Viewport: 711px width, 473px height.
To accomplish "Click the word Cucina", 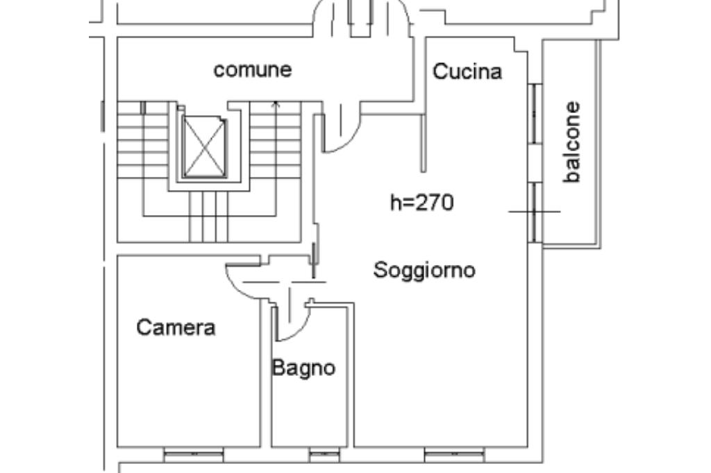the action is [x=467, y=71].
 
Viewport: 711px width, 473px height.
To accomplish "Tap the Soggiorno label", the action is [x=424, y=270].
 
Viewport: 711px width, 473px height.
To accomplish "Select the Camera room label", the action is [x=176, y=327].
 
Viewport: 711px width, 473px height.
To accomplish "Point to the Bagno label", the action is [x=303, y=368].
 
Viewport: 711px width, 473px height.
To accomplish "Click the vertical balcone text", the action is [x=572, y=141].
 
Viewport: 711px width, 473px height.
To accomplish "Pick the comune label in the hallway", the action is [x=253, y=70].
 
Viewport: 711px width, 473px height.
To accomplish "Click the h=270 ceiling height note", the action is [x=421, y=202].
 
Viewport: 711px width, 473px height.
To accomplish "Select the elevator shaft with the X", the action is [x=204, y=146].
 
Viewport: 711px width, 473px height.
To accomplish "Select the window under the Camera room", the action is [x=194, y=454].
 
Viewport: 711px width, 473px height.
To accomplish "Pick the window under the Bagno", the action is [x=324, y=454].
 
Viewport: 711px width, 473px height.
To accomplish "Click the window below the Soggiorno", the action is [x=454, y=454].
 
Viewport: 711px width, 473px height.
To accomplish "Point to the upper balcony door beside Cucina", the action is [x=535, y=113].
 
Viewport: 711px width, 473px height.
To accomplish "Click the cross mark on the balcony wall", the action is [x=535, y=212].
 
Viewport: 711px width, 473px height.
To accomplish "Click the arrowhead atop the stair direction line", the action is [x=276, y=104].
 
